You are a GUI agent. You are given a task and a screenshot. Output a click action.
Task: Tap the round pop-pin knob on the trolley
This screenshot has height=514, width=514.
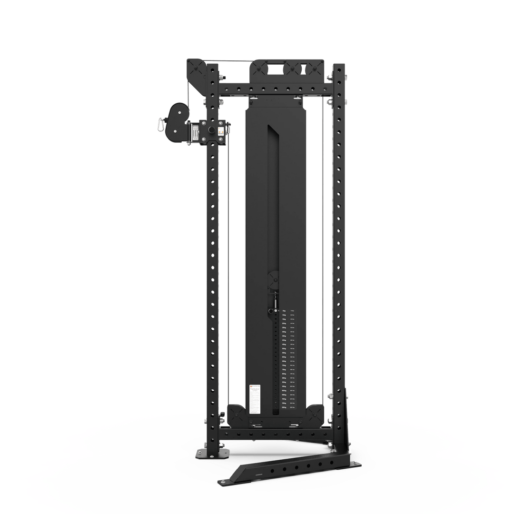coord(209,129)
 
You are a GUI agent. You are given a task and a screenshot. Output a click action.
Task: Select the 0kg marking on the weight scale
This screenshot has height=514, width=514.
coord(284,311)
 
